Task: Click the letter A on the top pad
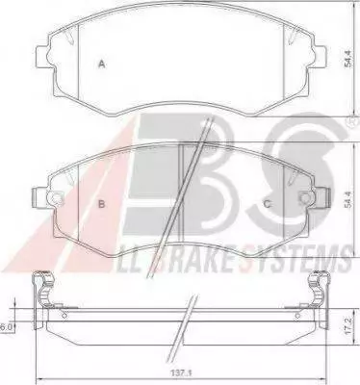tap(102, 64)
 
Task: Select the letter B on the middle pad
tap(102, 204)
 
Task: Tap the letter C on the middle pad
tap(267, 204)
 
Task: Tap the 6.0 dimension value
tap(6, 327)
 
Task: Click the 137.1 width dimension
tap(183, 373)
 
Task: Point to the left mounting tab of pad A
tap(42, 57)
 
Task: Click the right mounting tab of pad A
tap(320, 57)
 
